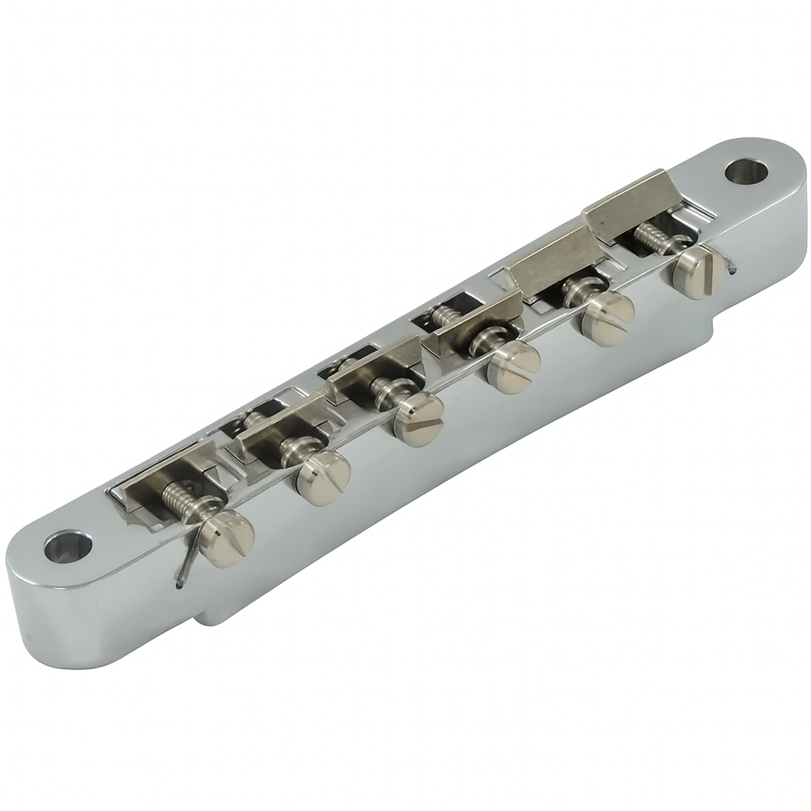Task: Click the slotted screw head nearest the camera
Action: coord(226,539)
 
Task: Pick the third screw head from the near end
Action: coord(418,418)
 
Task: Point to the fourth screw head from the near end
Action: coord(513,367)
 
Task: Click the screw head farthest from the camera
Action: coord(699,272)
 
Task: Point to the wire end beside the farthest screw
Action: coord(732,268)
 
